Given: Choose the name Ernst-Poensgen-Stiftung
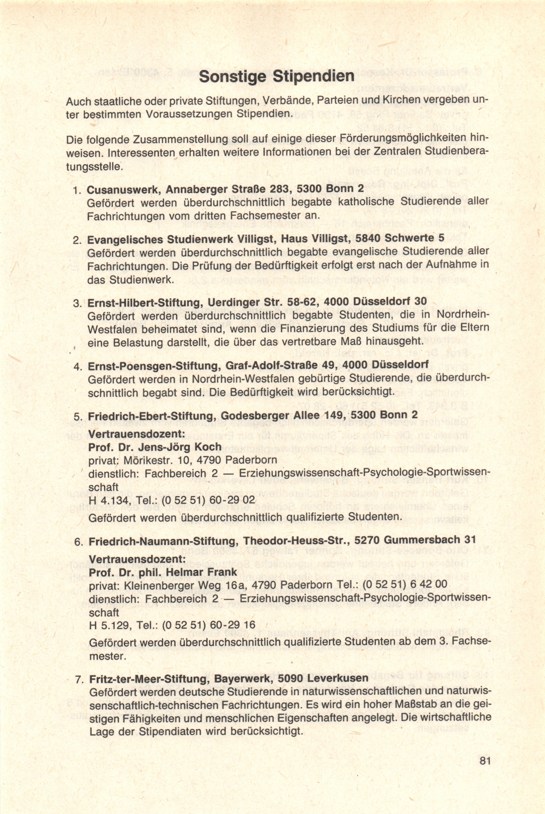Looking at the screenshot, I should coord(153,366).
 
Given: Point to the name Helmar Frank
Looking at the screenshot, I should coord(203,572).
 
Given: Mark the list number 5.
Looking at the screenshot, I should coord(78,417).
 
